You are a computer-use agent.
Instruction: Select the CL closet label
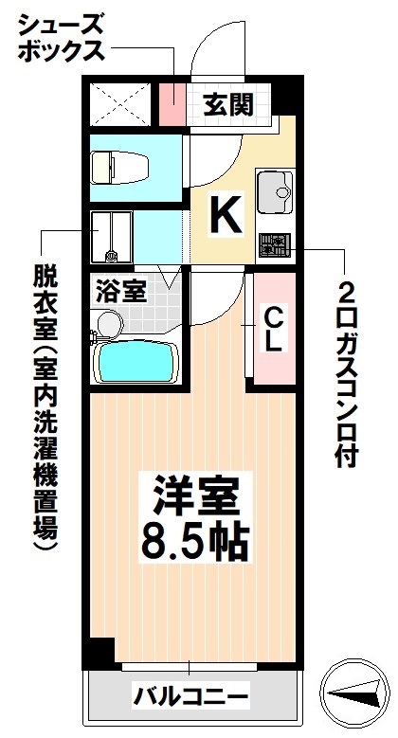point(271,328)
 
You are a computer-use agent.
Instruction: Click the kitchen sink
point(275,191)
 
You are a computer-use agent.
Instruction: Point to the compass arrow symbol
point(356,694)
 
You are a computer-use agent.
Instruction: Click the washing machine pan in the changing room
point(111,237)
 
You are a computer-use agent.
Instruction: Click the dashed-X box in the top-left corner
point(121,104)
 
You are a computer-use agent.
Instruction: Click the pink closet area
point(272,327)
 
